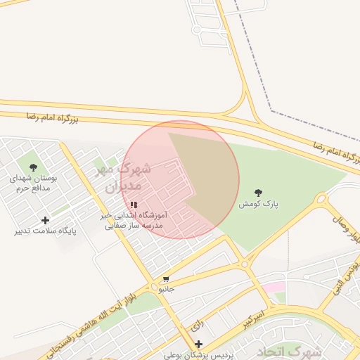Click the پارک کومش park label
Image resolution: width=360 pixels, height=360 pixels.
(x=258, y=203)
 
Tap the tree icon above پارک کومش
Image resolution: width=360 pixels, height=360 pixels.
(x=258, y=192)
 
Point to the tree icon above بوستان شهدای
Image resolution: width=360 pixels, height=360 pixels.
(x=33, y=167)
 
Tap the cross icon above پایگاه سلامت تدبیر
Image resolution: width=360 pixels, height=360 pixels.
(x=46, y=220)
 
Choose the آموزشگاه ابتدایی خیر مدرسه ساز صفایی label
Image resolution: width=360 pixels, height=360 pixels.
(x=134, y=220)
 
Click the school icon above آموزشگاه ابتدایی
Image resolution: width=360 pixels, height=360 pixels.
(x=134, y=205)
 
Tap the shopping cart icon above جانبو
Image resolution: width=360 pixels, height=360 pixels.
(x=166, y=280)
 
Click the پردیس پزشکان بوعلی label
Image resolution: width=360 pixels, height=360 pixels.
(x=196, y=354)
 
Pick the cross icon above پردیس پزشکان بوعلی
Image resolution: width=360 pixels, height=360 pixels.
(x=199, y=344)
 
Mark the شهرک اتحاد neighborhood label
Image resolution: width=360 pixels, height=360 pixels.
(x=289, y=351)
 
